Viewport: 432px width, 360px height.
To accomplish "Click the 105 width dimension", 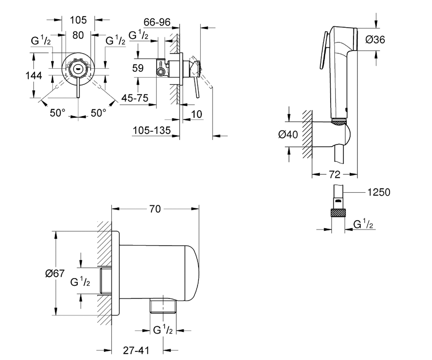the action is [x=78, y=20].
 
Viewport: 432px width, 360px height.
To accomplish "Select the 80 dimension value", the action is [x=78, y=35].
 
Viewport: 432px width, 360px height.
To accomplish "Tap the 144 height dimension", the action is [x=34, y=76].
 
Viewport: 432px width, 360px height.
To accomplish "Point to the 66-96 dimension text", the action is [x=157, y=22].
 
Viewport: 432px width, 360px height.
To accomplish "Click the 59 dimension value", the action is [x=138, y=68].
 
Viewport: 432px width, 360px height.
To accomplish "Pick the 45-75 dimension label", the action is [x=135, y=98].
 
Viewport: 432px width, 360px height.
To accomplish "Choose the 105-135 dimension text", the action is [x=152, y=130].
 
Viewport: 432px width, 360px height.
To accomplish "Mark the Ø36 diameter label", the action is [x=375, y=40].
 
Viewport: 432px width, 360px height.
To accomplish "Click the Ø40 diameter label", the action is [x=288, y=135].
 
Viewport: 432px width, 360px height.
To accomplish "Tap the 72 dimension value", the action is [x=334, y=175].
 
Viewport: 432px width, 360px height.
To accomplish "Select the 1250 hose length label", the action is [x=379, y=192].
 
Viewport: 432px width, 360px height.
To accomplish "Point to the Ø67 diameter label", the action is [x=55, y=273].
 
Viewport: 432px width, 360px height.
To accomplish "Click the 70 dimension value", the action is [x=155, y=209].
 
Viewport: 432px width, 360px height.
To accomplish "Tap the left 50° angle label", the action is [x=58, y=113].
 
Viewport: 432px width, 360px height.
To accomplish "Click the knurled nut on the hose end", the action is [x=338, y=213].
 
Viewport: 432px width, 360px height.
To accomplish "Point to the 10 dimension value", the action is [x=197, y=114].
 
